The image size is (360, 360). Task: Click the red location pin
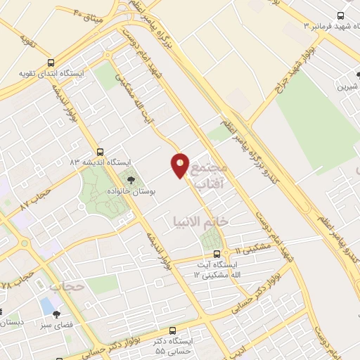click(x=180, y=165)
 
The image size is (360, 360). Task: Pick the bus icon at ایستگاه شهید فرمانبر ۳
click(x=340, y=15)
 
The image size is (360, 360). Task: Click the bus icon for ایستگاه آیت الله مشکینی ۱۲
click(x=216, y=255)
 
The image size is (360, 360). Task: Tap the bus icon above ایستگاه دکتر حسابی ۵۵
click(x=174, y=330)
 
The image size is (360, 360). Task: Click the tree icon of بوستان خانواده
click(x=131, y=180)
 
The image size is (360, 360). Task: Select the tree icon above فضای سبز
click(x=56, y=315)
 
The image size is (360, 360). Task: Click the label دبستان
click(x=11, y=323)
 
